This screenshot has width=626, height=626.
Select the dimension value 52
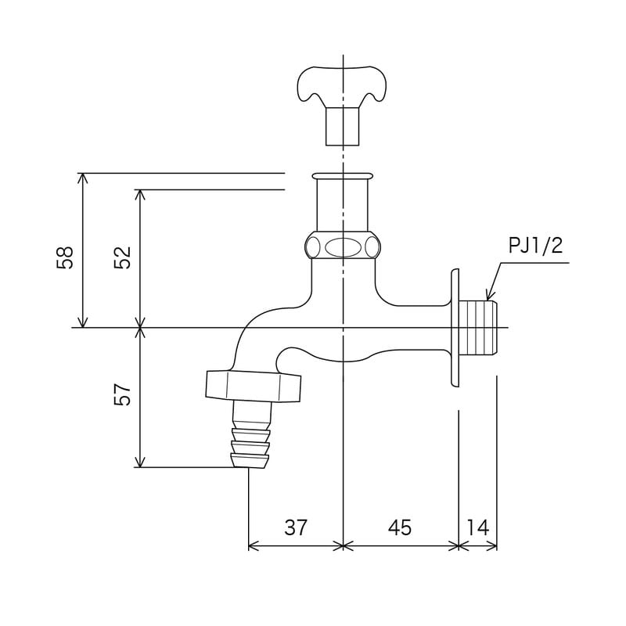122,257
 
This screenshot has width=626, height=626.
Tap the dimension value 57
122,394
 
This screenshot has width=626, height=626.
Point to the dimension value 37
296,527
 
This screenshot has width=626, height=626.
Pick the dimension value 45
400,527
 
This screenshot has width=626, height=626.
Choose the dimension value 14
477,527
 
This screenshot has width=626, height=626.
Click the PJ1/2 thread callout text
535,246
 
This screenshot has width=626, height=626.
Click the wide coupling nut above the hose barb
253,385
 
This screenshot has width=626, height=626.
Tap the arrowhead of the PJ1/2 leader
488,297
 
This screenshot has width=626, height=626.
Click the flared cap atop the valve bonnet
343,177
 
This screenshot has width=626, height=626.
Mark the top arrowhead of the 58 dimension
84,177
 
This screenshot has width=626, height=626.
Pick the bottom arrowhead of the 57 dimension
141,463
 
